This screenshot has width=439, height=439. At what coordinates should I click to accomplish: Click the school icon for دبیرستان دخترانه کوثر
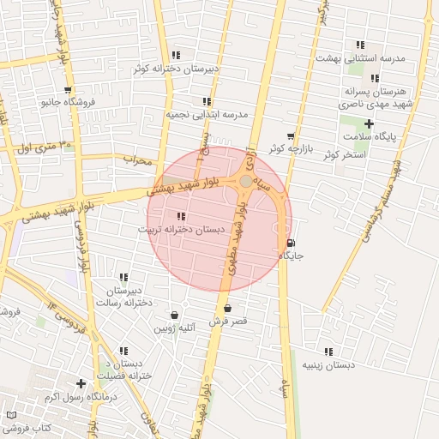click(x=176, y=55)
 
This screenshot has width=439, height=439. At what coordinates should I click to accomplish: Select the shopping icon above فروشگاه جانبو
click(x=68, y=90)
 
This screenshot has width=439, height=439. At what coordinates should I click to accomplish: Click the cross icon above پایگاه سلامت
click(x=369, y=124)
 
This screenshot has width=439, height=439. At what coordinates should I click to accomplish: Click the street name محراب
click(x=136, y=159)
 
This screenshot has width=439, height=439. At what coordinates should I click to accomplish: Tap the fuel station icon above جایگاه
click(x=291, y=243)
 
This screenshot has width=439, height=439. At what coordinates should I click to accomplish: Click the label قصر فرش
click(x=228, y=321)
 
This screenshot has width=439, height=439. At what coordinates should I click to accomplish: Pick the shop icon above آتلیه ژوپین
click(x=175, y=315)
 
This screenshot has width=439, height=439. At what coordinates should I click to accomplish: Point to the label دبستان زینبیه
click(x=328, y=364)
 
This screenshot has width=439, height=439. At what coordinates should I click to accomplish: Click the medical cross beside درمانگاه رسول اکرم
click(x=81, y=383)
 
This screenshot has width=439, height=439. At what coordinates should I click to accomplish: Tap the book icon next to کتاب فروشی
click(x=11, y=415)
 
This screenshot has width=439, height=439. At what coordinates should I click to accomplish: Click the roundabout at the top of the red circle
click(x=246, y=182)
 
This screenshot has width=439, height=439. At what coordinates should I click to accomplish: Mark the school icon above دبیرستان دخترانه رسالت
click(x=123, y=277)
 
